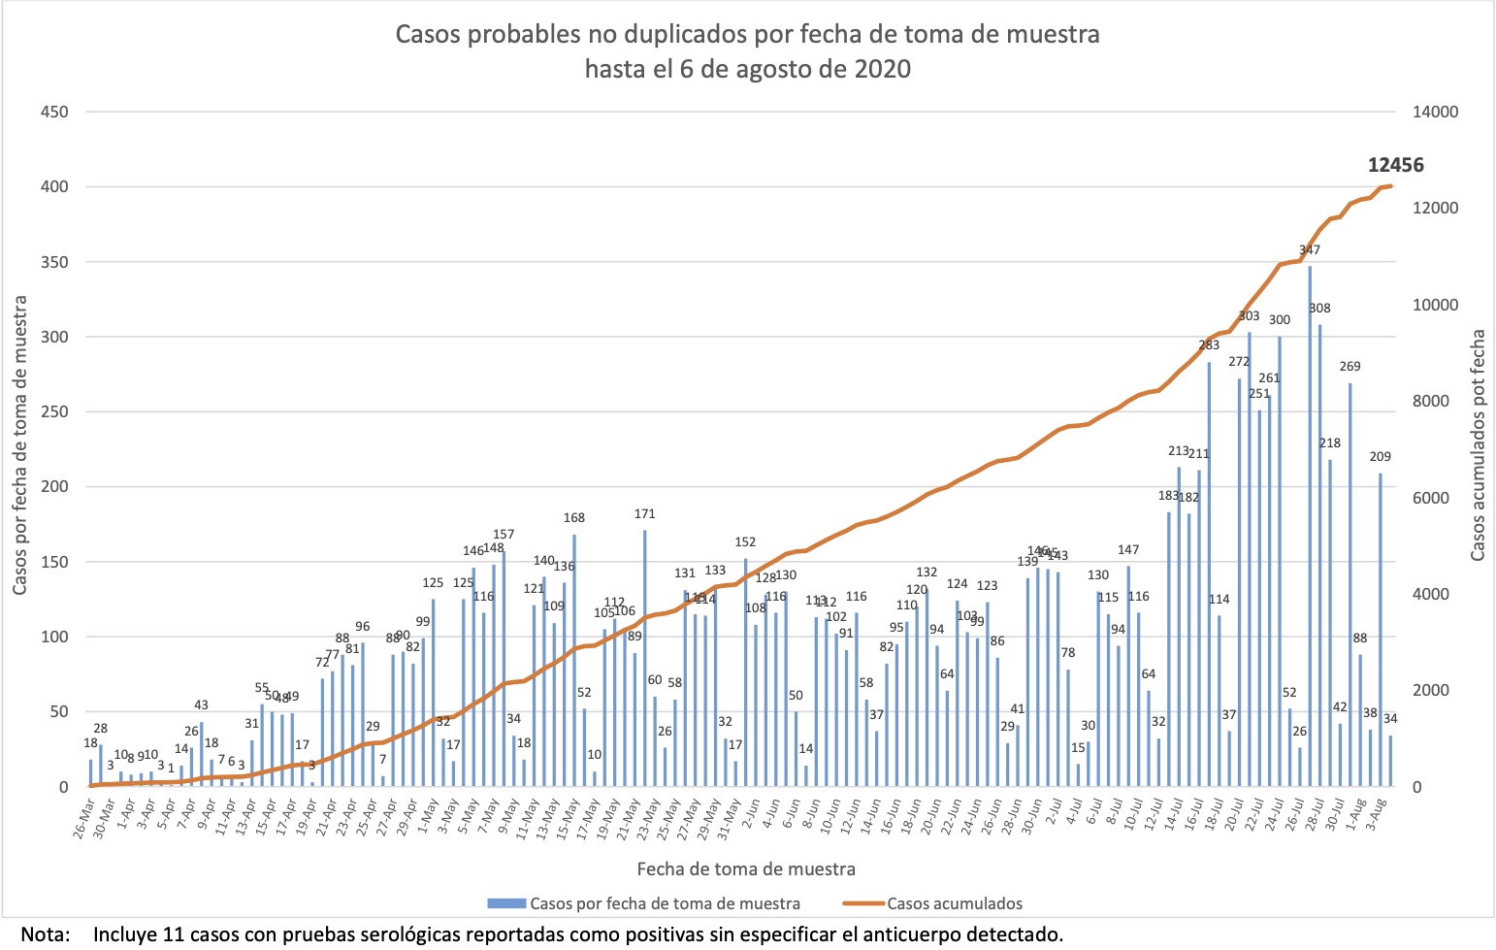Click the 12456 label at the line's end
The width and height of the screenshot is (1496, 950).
(1395, 165)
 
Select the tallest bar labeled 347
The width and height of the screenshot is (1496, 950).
(1309, 524)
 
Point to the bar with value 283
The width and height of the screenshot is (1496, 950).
(1209, 573)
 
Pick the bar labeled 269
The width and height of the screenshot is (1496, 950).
(1350, 582)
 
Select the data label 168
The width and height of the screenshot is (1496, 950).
(574, 518)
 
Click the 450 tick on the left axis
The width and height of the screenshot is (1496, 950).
(54, 112)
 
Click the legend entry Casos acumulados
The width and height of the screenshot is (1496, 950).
(954, 903)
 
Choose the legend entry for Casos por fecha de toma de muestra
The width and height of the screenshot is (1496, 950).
(665, 903)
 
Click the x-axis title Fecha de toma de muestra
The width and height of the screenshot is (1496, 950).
(746, 868)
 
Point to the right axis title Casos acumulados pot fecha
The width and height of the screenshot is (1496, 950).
(1478, 444)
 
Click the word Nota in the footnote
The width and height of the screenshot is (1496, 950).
(45, 934)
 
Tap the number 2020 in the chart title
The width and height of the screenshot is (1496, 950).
(882, 69)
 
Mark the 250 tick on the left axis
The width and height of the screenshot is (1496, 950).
(54, 411)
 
